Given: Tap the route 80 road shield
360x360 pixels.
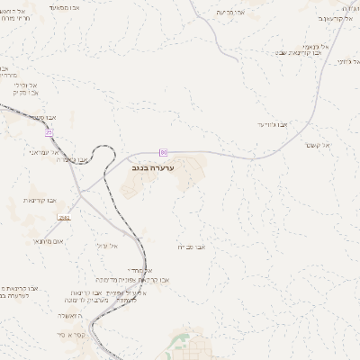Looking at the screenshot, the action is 164,151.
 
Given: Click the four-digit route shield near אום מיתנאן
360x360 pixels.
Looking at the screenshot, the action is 64,218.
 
